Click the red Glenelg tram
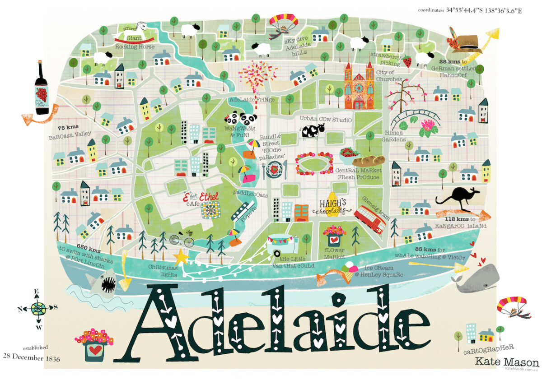coord(369,219)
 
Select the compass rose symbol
coord(38,309)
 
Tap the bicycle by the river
coord(182,239)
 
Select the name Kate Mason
coord(506,361)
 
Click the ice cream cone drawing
coord(350,266)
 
